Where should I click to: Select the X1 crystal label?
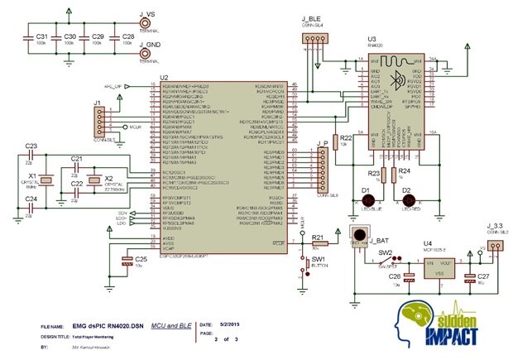click(x=33, y=176)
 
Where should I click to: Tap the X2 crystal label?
click(x=108, y=178)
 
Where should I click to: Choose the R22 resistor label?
click(x=346, y=137)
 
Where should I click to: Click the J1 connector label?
click(x=98, y=103)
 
